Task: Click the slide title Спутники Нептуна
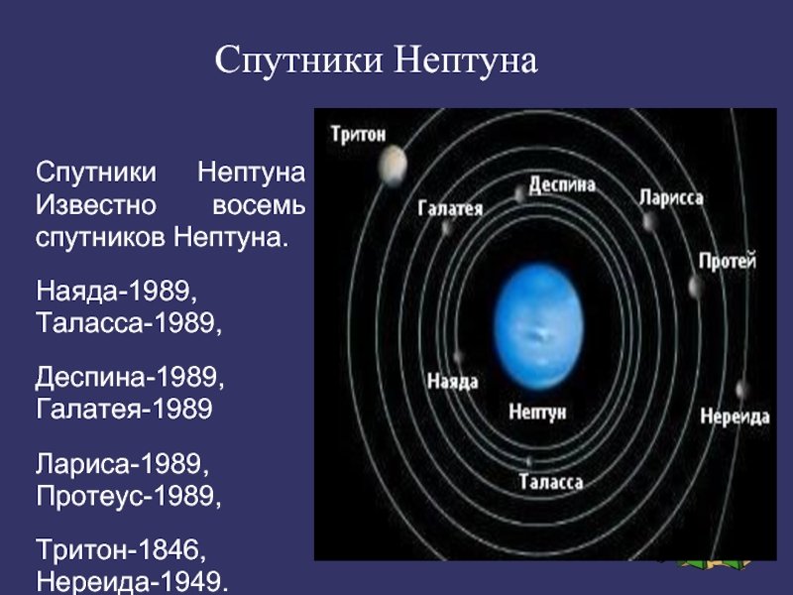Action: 376,60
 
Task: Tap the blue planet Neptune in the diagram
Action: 538,326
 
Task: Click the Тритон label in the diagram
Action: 359,134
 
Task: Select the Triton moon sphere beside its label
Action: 393,165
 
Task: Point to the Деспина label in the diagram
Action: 562,184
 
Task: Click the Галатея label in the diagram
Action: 450,208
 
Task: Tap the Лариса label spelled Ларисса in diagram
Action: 671,197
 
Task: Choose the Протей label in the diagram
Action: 728,261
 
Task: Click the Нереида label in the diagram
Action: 735,416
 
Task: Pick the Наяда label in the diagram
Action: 453,381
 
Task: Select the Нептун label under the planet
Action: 537,412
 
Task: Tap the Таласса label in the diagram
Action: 551,482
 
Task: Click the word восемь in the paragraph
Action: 259,205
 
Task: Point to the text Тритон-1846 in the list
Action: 120,549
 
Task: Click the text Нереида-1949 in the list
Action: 132,581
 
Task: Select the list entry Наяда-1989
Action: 116,291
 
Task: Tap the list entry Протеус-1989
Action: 129,496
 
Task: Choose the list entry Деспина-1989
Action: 130,378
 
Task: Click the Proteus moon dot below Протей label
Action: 696,288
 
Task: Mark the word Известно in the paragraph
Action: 95,205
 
